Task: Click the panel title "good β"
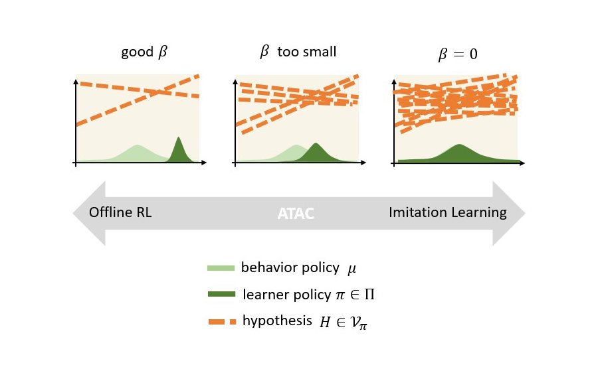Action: (144, 53)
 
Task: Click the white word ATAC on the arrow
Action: (296, 213)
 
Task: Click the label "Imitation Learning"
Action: (447, 213)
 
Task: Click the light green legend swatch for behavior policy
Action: (221, 268)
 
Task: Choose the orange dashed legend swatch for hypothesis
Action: (221, 322)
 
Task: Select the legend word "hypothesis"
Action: (277, 321)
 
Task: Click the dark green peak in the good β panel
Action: (178, 143)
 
